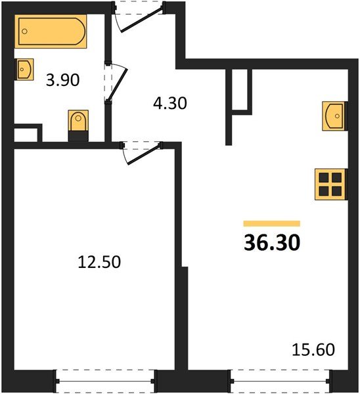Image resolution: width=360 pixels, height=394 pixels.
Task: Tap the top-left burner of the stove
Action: pyautogui.click(x=324, y=177)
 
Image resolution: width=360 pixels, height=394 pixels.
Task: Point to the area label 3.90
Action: pyautogui.click(x=62, y=81)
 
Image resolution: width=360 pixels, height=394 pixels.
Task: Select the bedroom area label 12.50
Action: pyautogui.click(x=99, y=263)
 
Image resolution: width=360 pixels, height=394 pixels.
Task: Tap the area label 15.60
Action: pyautogui.click(x=313, y=349)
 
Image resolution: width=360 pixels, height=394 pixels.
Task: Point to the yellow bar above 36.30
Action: pyautogui.click(x=271, y=224)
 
